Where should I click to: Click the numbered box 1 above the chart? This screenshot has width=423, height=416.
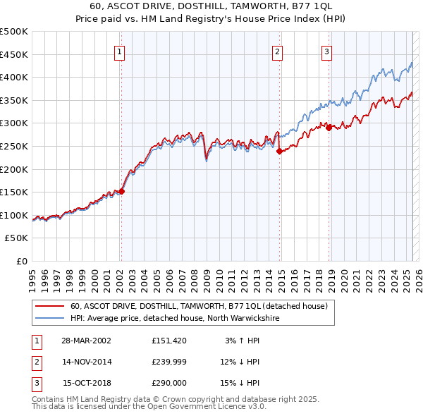(121, 51)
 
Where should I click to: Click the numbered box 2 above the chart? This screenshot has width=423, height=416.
(278, 51)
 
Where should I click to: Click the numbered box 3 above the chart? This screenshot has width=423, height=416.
(327, 51)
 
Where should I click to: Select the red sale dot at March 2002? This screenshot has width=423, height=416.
(122, 191)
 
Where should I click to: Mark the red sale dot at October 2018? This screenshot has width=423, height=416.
(329, 128)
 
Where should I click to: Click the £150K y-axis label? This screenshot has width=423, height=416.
(16, 192)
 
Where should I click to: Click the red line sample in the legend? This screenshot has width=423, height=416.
(48, 307)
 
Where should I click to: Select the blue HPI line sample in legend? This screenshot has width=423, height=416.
(48, 319)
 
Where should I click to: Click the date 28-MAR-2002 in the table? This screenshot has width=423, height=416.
(87, 341)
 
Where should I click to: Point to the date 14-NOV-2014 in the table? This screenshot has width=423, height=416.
(87, 362)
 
